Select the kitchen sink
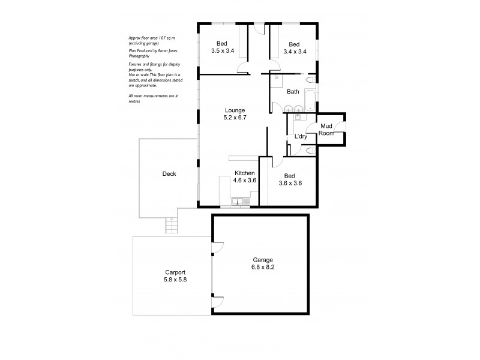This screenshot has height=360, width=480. (241, 201)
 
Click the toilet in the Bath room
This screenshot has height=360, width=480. (311, 80)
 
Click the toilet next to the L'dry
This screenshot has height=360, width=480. (310, 152)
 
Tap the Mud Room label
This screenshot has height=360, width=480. (326, 129)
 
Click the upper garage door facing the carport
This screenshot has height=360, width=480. (217, 247)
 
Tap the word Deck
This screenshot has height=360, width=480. (169, 174)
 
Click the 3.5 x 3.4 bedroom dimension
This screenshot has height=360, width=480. (223, 52)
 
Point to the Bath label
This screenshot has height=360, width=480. (293, 92)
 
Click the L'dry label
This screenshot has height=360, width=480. (301, 137)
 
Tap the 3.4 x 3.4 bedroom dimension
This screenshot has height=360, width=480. (294, 52)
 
